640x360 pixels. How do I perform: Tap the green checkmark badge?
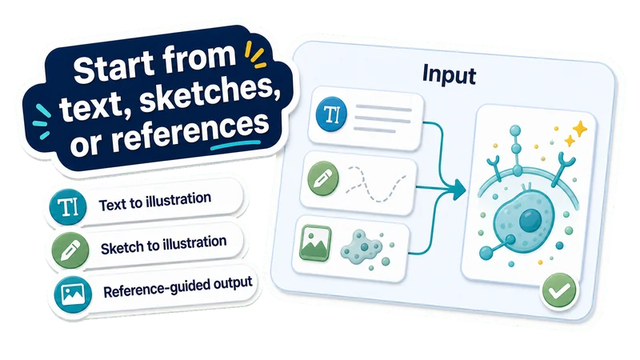pyautogui.click(x=559, y=290)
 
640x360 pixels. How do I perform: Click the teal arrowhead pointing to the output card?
pyautogui.click(x=458, y=190)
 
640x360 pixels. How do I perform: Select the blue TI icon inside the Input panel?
pyautogui.click(x=331, y=114)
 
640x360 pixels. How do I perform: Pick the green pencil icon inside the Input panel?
pyautogui.click(x=323, y=178)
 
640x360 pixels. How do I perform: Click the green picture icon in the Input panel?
pyautogui.click(x=315, y=243)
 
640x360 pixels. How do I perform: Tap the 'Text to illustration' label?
pyautogui.click(x=155, y=202)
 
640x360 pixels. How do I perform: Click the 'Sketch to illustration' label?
pyautogui.click(x=164, y=245)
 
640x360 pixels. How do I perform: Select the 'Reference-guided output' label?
pyautogui.click(x=178, y=287)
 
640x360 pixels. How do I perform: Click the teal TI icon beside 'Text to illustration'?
pyautogui.click(x=68, y=207)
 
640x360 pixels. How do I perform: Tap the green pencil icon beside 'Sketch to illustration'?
pyautogui.click(x=70, y=250)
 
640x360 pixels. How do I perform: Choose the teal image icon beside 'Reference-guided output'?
pyautogui.click(x=73, y=294)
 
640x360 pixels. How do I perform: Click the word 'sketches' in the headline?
pyautogui.click(x=207, y=94)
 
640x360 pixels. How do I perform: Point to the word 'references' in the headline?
pyautogui.click(x=190, y=131)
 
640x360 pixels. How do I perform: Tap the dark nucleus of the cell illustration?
pyautogui.click(x=530, y=221)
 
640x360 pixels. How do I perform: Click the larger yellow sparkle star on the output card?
pyautogui.click(x=579, y=130)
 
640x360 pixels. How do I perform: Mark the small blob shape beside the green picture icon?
pyautogui.click(x=361, y=246)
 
